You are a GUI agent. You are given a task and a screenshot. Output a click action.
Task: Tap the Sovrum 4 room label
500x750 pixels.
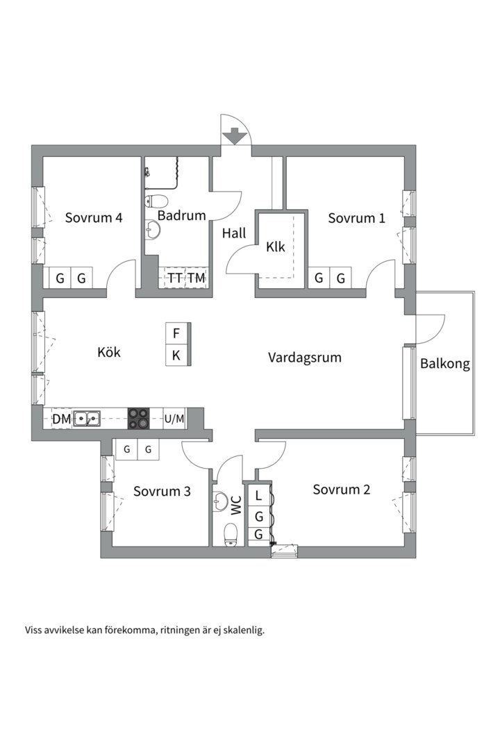(x=94, y=217)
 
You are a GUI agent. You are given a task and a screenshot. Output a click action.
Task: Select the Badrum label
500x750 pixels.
(x=181, y=215)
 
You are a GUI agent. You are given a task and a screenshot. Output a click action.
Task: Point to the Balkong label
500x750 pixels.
(x=444, y=363)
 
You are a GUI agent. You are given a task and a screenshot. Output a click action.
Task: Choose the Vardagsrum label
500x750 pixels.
(x=305, y=358)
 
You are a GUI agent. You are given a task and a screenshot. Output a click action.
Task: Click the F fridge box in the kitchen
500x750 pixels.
(x=176, y=333)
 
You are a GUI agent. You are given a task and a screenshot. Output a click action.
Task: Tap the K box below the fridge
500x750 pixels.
(x=176, y=355)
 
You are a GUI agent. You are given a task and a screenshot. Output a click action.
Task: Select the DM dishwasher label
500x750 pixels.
(x=62, y=418)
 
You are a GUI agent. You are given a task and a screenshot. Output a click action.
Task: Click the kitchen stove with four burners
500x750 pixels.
(x=137, y=417)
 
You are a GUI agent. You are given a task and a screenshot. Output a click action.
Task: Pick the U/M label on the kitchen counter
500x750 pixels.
(x=174, y=418)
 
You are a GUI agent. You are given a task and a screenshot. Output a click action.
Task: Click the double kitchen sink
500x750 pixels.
(x=87, y=418)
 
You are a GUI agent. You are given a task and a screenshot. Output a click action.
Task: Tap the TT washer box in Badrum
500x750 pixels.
(x=175, y=278)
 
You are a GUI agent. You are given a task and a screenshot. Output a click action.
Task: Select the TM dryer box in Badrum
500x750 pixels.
(x=197, y=278)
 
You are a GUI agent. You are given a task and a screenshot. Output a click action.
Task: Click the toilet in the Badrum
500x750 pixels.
(x=156, y=202)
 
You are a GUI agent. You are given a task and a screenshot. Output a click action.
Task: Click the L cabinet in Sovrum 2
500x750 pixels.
(x=258, y=496)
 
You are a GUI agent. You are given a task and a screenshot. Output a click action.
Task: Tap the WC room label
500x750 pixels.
(x=237, y=505)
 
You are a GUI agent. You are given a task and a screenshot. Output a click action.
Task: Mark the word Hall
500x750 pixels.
(x=234, y=234)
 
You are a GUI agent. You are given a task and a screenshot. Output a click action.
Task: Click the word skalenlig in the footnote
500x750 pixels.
(x=242, y=631)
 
